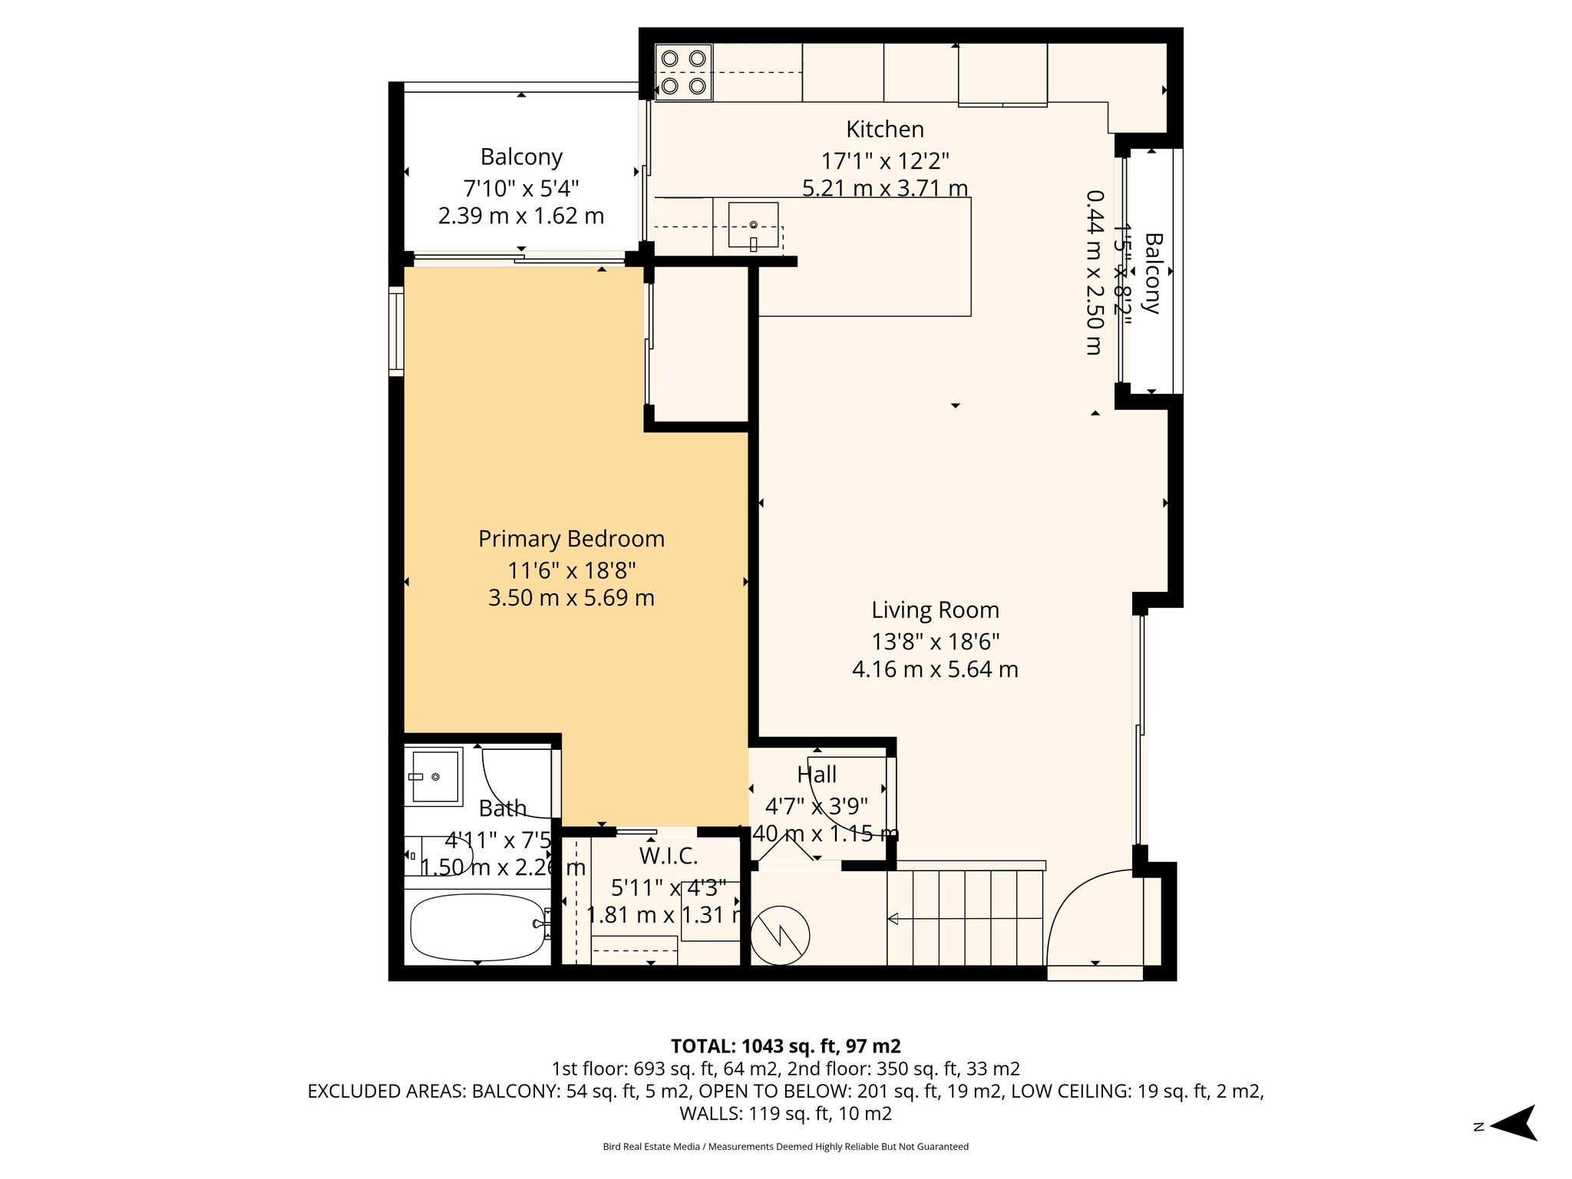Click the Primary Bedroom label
pyautogui.click(x=571, y=539)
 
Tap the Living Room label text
pyautogui.click(x=935, y=610)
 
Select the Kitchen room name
pyautogui.click(x=884, y=129)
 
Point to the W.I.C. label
pyautogui.click(x=668, y=856)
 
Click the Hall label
pyautogui.click(x=816, y=774)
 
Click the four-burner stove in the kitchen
pyautogui.click(x=683, y=72)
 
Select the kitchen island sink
pyautogui.click(x=753, y=225)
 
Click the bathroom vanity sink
pyautogui.click(x=434, y=777)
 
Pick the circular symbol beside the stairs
pyautogui.click(x=780, y=936)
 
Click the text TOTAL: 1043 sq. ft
pyautogui.click(x=785, y=1046)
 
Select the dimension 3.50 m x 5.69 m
pyautogui.click(x=571, y=598)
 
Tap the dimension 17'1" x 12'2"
pyautogui.click(x=884, y=161)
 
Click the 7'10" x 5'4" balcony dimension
pyautogui.click(x=520, y=188)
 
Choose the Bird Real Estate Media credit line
pyautogui.click(x=785, y=1147)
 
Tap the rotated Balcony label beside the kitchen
pyautogui.click(x=1152, y=273)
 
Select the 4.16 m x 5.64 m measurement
pyautogui.click(x=935, y=669)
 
